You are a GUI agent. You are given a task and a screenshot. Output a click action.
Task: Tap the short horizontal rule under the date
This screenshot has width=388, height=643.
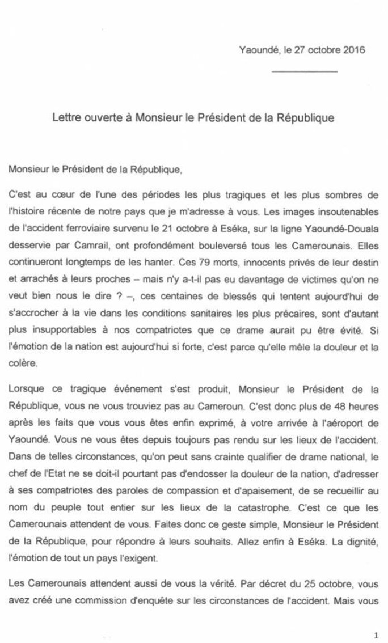tap(305, 72)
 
